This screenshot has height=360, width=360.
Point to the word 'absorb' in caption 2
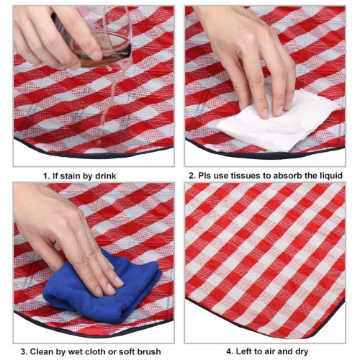coord(291,175)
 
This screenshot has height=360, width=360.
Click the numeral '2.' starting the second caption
coord(192,175)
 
